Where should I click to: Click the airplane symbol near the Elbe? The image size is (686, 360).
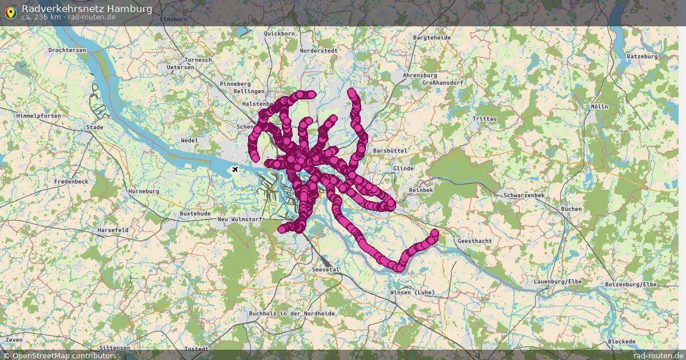pyautogui.click(x=235, y=170)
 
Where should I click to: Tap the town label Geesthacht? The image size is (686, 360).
pyautogui.click(x=474, y=241)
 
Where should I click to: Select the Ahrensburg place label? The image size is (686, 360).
pyautogui.click(x=420, y=75)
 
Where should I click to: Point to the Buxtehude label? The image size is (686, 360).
pyautogui.click(x=195, y=213)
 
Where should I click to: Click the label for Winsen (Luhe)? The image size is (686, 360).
pyautogui.click(x=412, y=293)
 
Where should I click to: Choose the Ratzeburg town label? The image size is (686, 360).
pyautogui.click(x=643, y=57)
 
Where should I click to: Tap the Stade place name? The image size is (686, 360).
pyautogui.click(x=94, y=127)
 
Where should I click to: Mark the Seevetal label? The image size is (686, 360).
pyautogui.click(x=326, y=269)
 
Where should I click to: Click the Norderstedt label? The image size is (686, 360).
pyautogui.click(x=318, y=50)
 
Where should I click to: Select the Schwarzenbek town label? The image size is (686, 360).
pyautogui.click(x=524, y=195)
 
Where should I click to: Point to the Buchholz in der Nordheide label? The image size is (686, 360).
pyautogui.click(x=292, y=314)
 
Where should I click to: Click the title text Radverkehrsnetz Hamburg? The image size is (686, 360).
pyautogui.click(x=87, y=9)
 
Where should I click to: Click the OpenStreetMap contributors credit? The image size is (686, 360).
pyautogui.click(x=59, y=355)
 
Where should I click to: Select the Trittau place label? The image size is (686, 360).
pyautogui.click(x=485, y=118)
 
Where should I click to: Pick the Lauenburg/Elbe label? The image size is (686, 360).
pyautogui.click(x=557, y=282)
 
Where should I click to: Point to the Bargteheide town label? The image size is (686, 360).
pyautogui.click(x=431, y=38)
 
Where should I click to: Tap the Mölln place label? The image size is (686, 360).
pyautogui.click(x=600, y=107)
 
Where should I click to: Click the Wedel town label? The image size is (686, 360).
pyautogui.click(x=189, y=141)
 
